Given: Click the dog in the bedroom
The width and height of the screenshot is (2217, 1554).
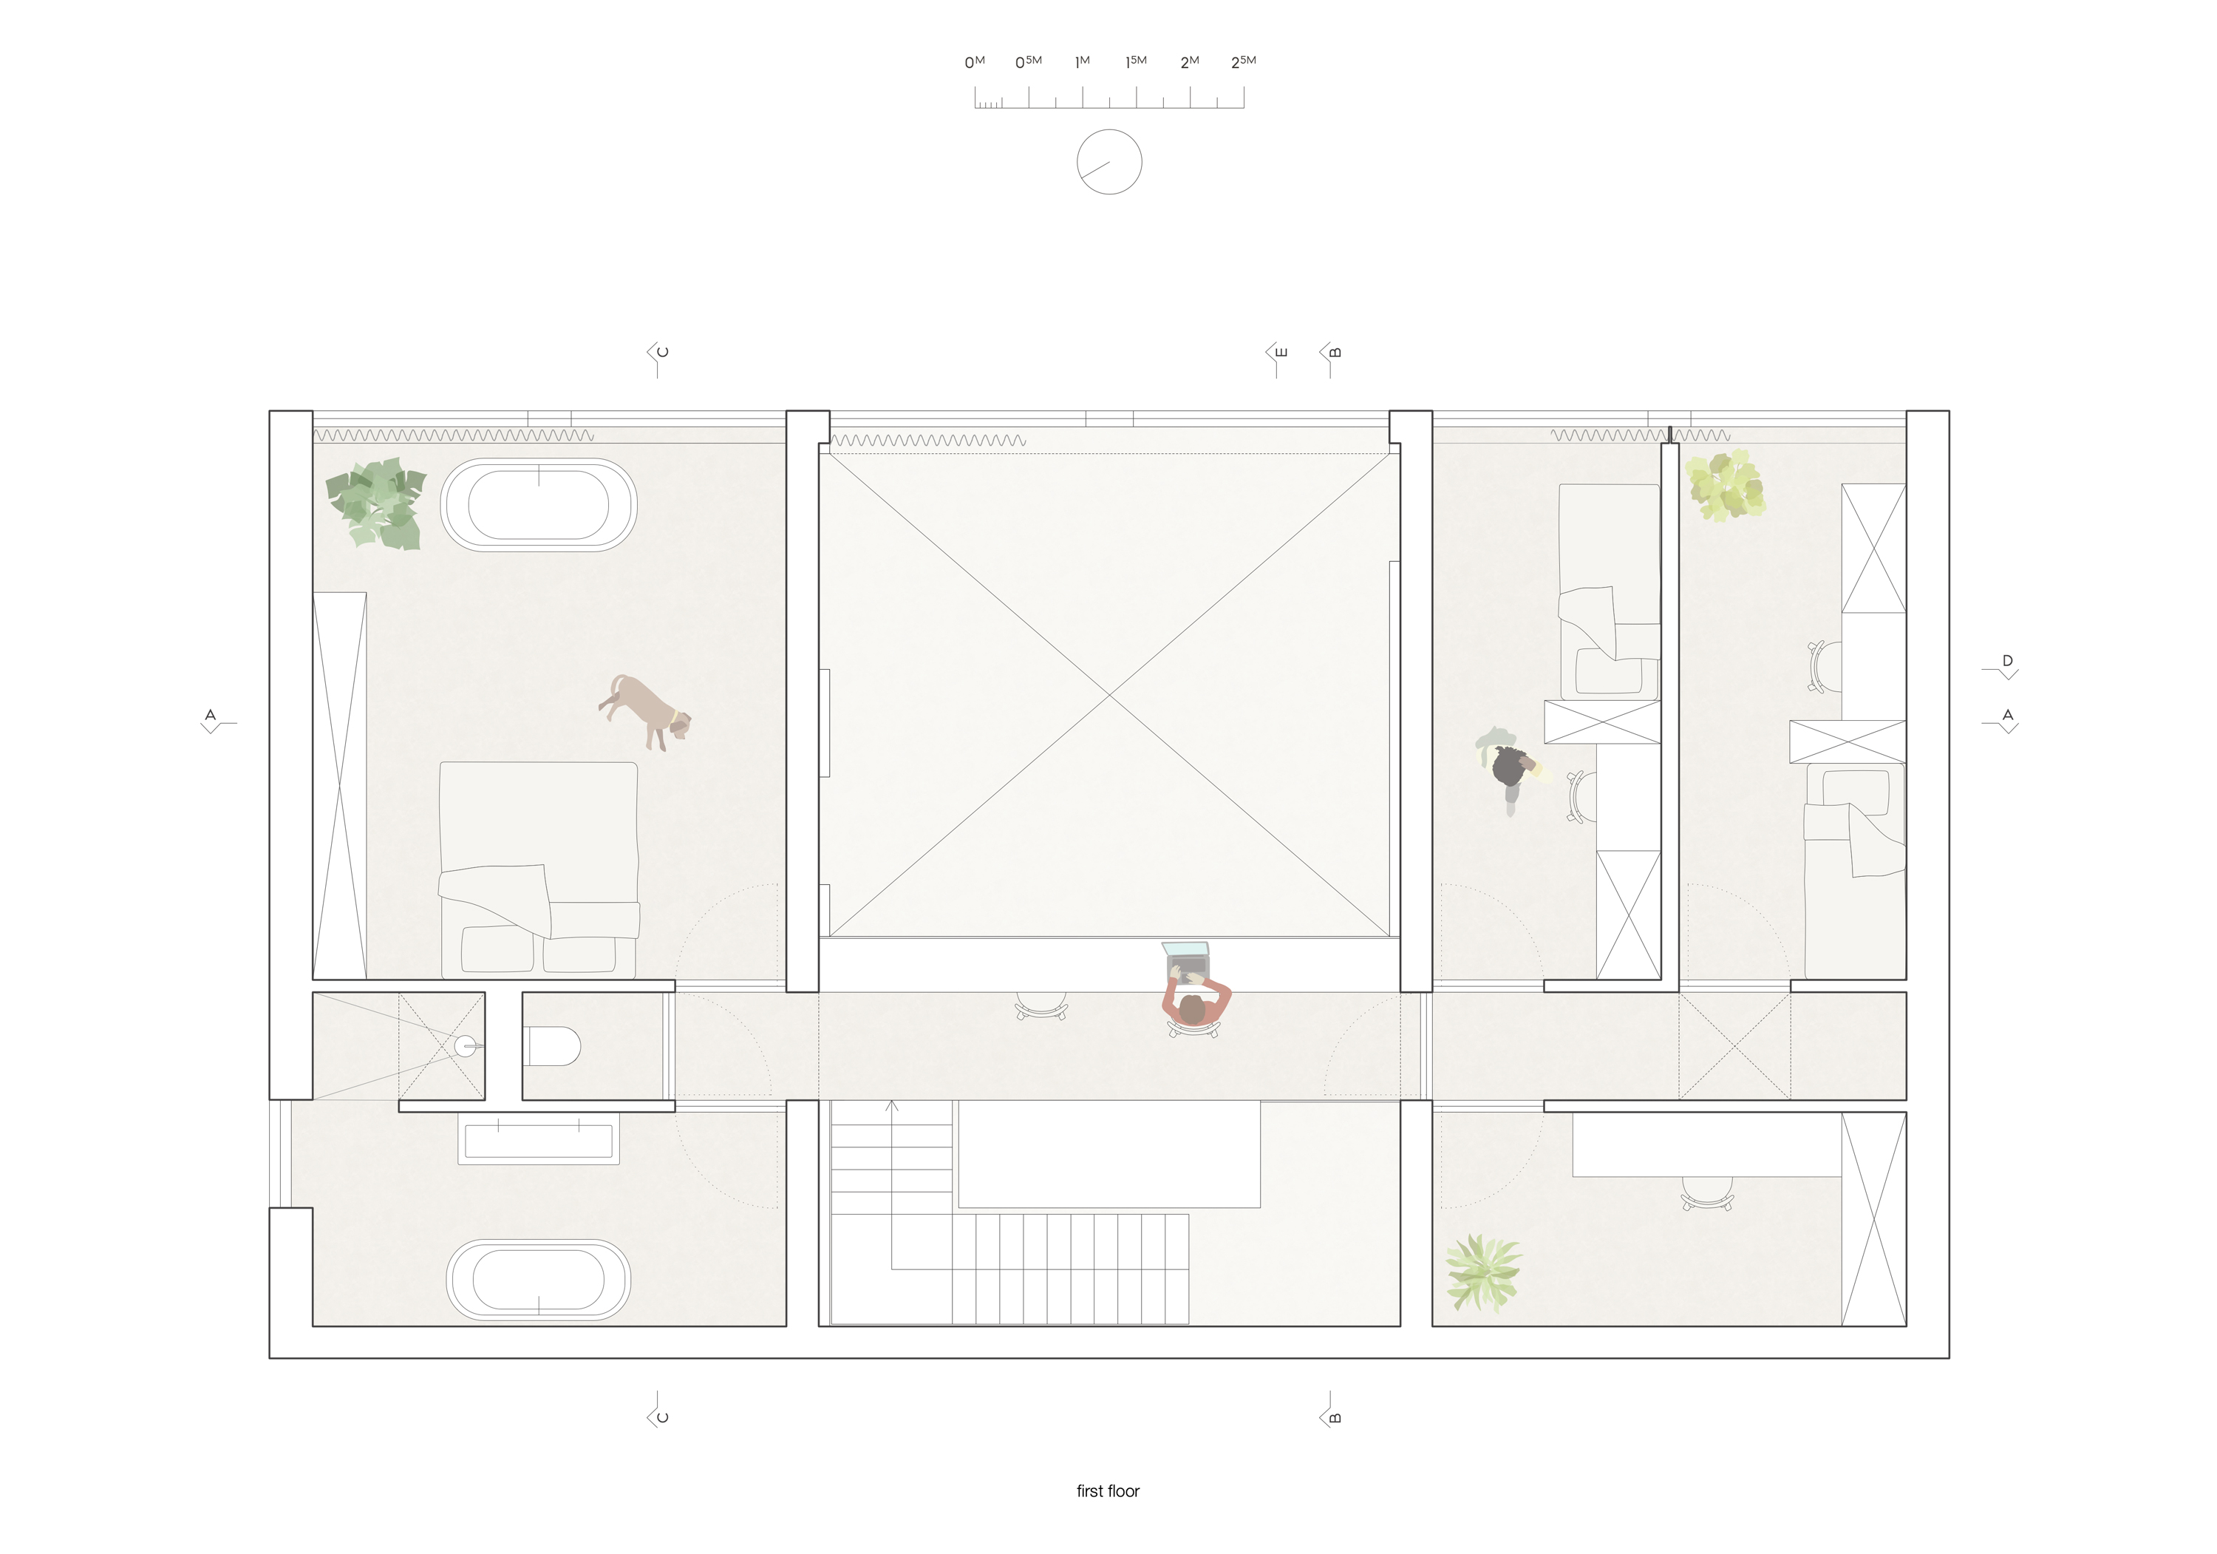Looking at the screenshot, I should pos(645,712).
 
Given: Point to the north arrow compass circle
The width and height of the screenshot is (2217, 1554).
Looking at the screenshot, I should pos(1108,162).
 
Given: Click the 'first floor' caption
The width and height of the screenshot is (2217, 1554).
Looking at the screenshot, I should pos(1108,1491).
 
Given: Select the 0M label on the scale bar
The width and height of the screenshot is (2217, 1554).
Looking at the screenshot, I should pos(973,63).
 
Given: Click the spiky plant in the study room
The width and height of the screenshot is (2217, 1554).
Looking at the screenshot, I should pos(1482,1273).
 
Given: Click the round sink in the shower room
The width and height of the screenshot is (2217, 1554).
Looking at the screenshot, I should pos(466,1046).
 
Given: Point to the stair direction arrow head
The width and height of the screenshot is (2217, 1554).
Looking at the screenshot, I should pos(892,1105).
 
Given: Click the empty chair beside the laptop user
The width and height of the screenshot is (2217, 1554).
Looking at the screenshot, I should pos(1041,1006).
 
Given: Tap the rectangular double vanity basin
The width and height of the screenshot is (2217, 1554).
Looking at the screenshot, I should pos(538,1141).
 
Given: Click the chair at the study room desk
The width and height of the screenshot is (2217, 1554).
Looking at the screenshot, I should pos(1706,1195).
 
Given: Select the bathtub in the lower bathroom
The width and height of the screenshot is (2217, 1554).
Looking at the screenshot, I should pos(538,1280).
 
